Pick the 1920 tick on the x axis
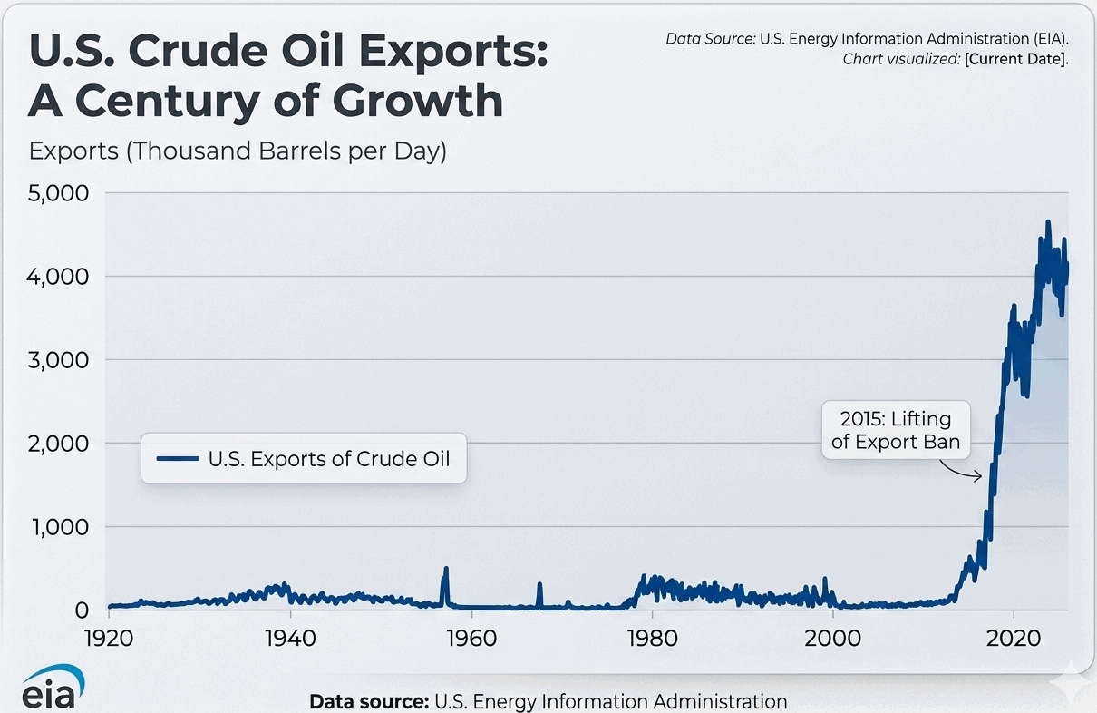109,638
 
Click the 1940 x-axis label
290,638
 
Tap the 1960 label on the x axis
471,638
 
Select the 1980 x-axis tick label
652,638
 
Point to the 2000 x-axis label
832,638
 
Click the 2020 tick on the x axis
1014,638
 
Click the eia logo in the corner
53,687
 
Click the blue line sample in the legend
177,459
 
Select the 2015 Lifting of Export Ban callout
896,431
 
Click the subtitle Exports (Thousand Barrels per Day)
238,151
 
